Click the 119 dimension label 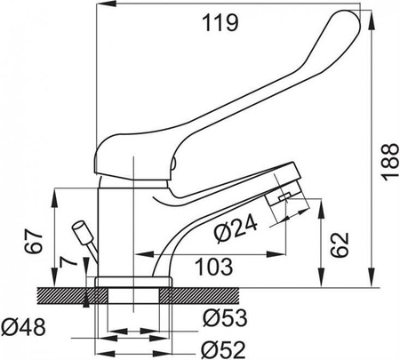(220, 23)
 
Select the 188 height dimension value (390, 162)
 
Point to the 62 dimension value (340, 244)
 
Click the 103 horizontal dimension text (215, 267)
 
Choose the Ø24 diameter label (236, 228)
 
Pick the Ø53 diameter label (225, 318)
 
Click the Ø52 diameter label (224, 350)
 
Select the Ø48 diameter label (23, 327)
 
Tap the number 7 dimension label (68, 262)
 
